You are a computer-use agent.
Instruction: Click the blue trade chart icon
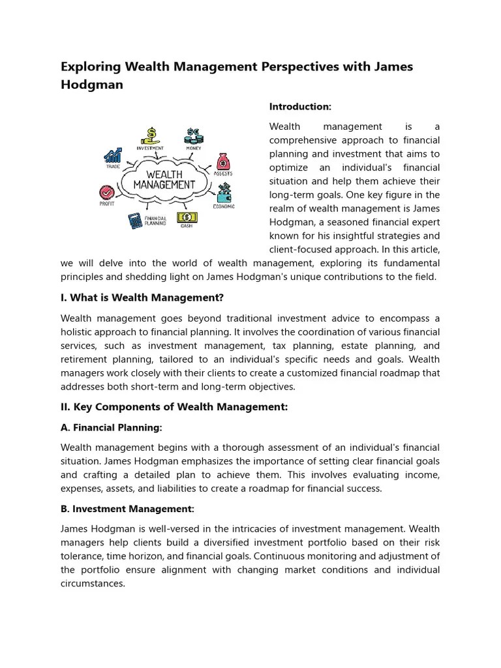pos(113,155)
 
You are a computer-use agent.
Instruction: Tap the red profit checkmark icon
pos(106,192)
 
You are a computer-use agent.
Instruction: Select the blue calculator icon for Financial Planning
pos(136,220)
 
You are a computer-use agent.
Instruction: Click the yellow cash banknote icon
pos(186,217)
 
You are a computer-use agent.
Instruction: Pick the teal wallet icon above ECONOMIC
pos(225,192)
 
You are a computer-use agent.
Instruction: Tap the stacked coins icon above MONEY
pos(194,136)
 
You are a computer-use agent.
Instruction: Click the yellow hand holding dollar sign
pos(151,135)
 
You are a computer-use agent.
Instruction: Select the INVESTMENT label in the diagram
pos(150,148)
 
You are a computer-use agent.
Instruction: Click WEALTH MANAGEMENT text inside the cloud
pos(164,179)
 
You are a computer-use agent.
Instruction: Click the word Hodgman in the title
pos(92,85)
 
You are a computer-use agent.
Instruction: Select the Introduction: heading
pos(300,106)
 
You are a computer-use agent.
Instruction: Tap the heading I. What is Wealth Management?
pos(142,298)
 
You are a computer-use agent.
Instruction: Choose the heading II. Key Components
pos(174,407)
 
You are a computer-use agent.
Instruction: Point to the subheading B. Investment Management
pos(128,509)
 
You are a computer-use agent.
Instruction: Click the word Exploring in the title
pos(89,67)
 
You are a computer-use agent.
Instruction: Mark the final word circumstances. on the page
pos(93,583)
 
